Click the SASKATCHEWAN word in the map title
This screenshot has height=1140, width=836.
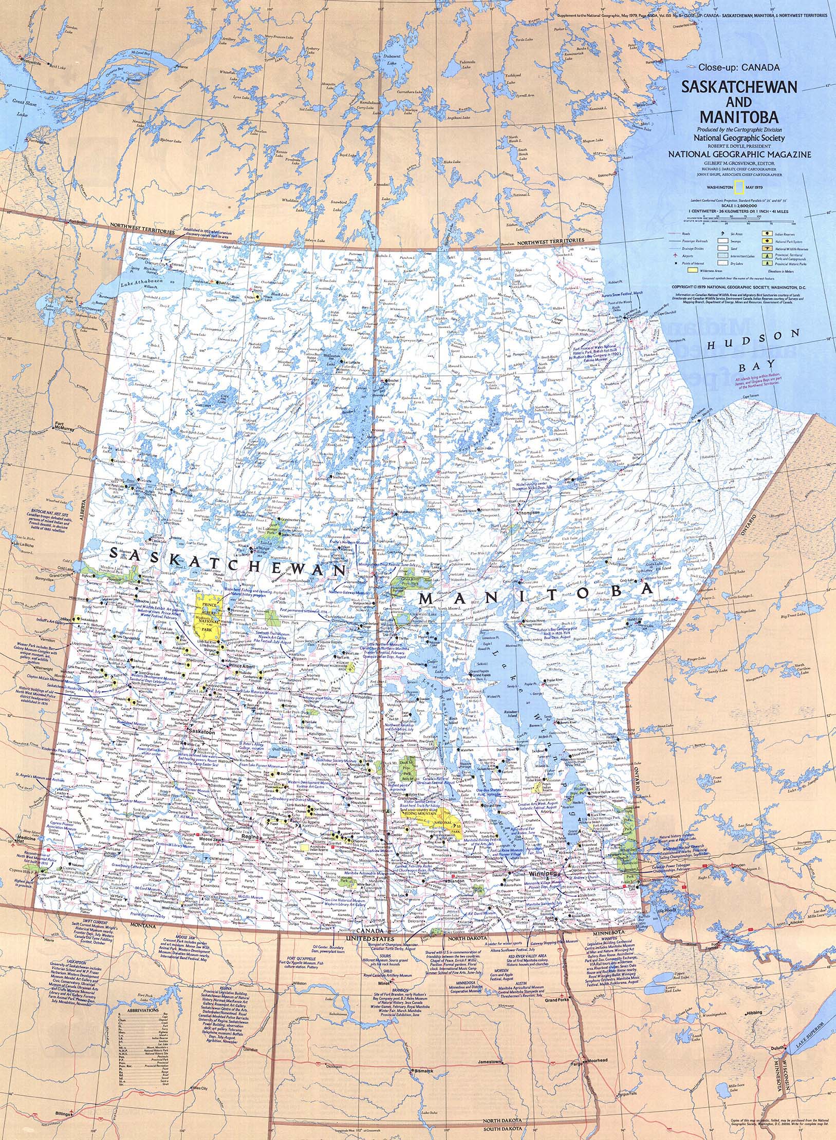(x=739, y=86)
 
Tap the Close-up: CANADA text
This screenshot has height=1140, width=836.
(x=739, y=67)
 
